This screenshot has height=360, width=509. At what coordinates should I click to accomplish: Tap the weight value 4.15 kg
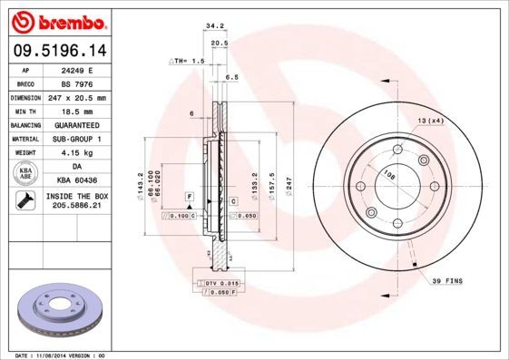point(76,153)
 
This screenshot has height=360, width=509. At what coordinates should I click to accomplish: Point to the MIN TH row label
point(26,110)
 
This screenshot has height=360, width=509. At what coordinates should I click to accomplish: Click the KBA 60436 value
point(76,182)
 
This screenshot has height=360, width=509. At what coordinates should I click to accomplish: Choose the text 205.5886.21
point(76,207)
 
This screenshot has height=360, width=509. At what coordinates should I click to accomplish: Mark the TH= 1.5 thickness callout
point(188,60)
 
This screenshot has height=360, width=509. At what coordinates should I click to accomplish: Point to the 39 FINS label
point(446,282)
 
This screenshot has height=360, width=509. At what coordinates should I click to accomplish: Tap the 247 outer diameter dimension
point(289,186)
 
